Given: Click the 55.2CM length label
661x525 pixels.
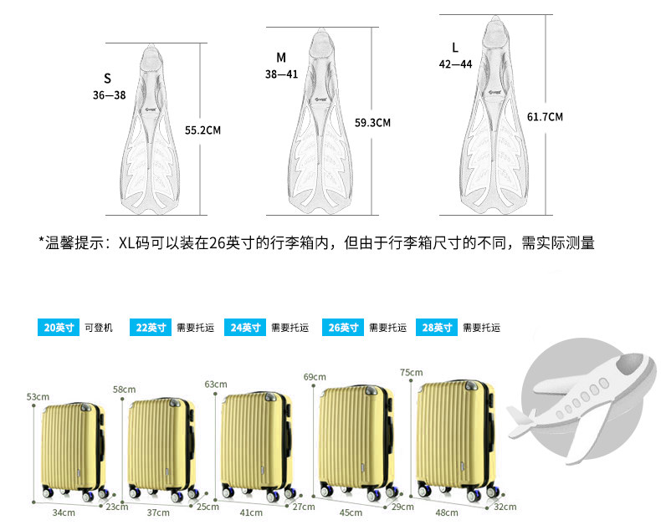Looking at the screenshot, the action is pyautogui.click(x=202, y=130).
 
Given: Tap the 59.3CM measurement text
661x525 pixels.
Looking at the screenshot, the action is pyautogui.click(x=372, y=123).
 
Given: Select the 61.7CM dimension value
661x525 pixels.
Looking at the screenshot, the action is pyautogui.click(x=545, y=117).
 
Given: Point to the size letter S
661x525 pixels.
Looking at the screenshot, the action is pyautogui.click(x=107, y=79).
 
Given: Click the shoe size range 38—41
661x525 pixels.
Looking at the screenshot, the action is pyautogui.click(x=282, y=74).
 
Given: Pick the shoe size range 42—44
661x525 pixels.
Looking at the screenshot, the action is pyautogui.click(x=455, y=64).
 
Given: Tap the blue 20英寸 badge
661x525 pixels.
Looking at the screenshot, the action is pyautogui.click(x=59, y=328).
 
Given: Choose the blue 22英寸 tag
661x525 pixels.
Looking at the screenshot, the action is pyautogui.click(x=151, y=328).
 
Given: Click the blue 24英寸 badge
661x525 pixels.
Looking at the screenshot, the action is pyautogui.click(x=245, y=328).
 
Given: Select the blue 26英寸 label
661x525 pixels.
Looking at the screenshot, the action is pyautogui.click(x=342, y=328).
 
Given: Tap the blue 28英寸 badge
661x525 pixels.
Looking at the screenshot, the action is pyautogui.click(x=437, y=328).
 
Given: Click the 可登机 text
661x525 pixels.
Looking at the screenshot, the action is pyautogui.click(x=98, y=328).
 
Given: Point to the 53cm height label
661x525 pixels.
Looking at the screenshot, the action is pyautogui.click(x=38, y=396).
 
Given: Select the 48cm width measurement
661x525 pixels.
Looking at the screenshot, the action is pyautogui.click(x=443, y=512).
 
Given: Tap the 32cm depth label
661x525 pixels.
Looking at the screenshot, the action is pyautogui.click(x=505, y=507).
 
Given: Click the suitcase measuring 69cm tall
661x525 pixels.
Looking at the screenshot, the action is pyautogui.click(x=356, y=439).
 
